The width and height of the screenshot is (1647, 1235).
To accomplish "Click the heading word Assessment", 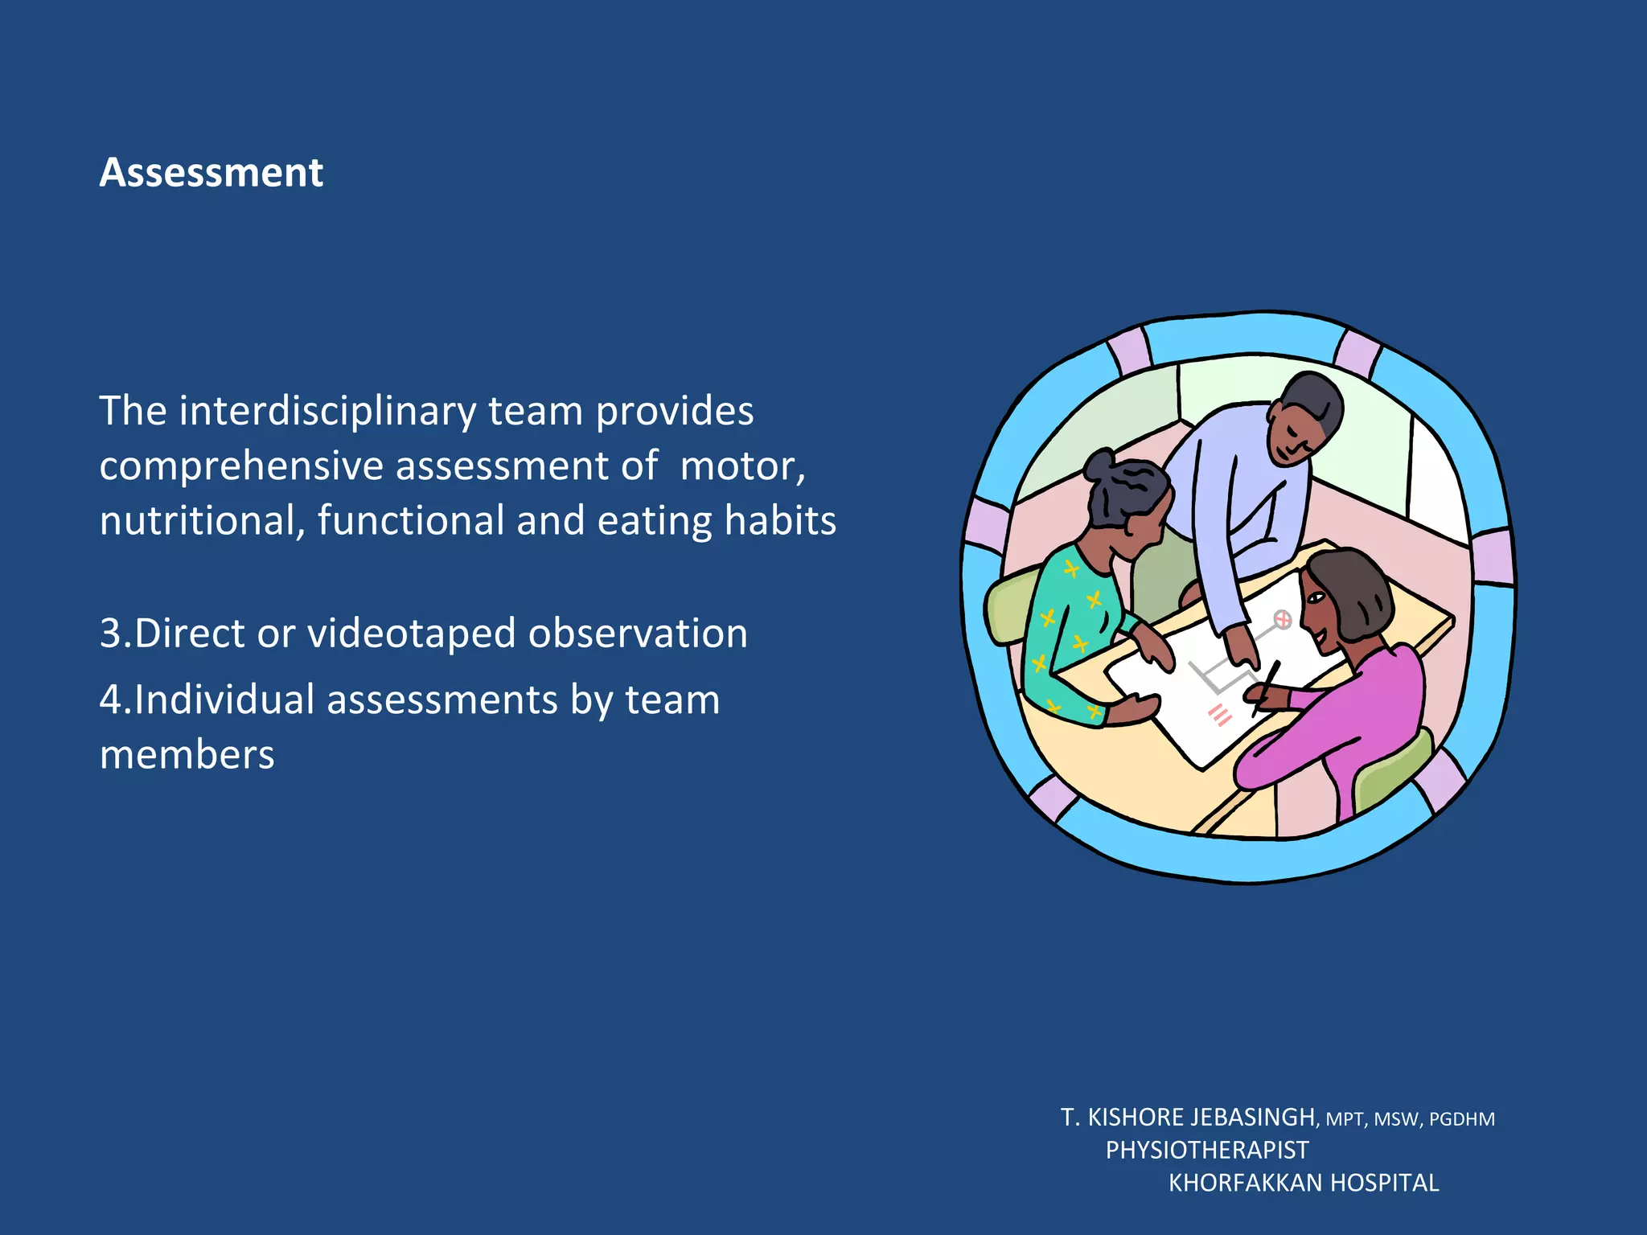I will pyautogui.click(x=211, y=173).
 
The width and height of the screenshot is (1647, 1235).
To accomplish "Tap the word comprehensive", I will pyautogui.click(x=240, y=466).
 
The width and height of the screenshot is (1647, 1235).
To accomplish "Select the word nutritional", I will pyautogui.click(x=201, y=521).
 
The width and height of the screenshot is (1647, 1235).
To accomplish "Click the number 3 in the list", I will pyautogui.click(x=109, y=634).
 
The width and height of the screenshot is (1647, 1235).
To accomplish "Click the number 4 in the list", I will pyautogui.click(x=109, y=700).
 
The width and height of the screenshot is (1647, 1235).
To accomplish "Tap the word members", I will pyautogui.click(x=187, y=755).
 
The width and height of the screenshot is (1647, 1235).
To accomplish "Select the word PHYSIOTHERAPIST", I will pyautogui.click(x=1207, y=1151).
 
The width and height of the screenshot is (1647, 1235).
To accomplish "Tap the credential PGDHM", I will pyautogui.click(x=1461, y=1119).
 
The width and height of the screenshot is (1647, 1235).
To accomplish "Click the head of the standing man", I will pyautogui.click(x=1304, y=418).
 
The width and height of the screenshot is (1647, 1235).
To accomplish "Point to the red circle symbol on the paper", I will pyautogui.click(x=1283, y=619).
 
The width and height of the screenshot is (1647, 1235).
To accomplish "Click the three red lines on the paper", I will pyautogui.click(x=1220, y=715).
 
